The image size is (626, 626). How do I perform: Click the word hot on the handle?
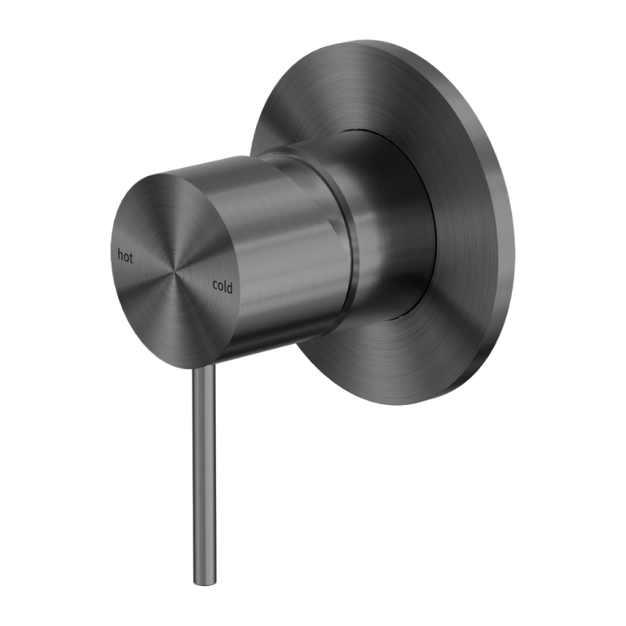click(126, 256)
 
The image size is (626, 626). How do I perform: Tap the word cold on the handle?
click(222, 286)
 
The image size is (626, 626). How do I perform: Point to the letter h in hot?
click(121, 255)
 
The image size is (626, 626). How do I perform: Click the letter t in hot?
click(131, 257)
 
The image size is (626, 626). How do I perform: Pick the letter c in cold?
click(214, 287)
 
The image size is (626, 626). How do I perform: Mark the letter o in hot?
click(126, 257)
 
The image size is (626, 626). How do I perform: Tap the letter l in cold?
click(226, 285)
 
